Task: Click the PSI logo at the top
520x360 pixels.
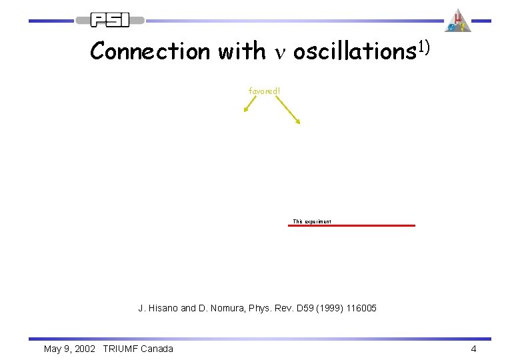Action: tap(111, 20)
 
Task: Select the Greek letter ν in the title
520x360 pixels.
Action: tap(279, 53)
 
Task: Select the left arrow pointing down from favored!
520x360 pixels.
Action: tap(251, 103)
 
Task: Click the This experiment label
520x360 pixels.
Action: tap(311, 221)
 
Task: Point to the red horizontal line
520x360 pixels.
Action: tap(351, 226)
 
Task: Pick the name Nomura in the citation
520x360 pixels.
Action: tap(222, 308)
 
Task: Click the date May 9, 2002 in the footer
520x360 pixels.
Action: tap(69, 349)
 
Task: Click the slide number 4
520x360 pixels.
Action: tap(473, 349)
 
